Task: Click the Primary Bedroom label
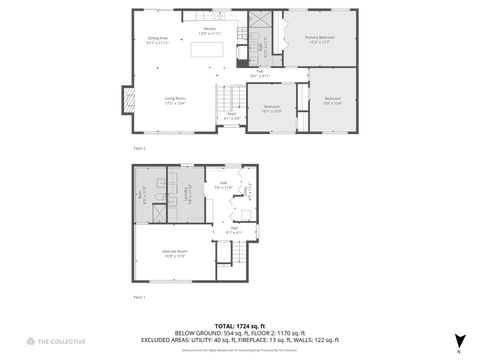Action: [320, 39]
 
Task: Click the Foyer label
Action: [230, 115]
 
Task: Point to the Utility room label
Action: [250, 190]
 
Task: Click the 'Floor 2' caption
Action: [139, 148]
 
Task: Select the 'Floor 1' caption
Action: [139, 297]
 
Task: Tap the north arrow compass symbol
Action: [458, 340]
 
